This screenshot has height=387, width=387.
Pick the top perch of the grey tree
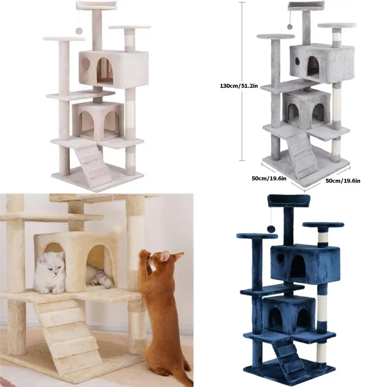coord(306,6)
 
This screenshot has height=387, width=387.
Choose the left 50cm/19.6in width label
coord(269,178)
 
